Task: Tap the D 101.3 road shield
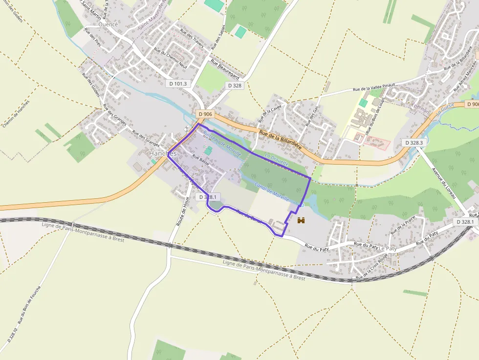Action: (x=178, y=84)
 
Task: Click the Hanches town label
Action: (x=162, y=153)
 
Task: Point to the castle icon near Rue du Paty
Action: (x=301, y=221)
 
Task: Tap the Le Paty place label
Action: (x=388, y=249)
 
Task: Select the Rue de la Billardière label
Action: (x=280, y=139)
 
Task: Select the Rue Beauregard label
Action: (x=225, y=69)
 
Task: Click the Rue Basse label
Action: (x=200, y=161)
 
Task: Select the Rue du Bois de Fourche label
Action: (x=30, y=306)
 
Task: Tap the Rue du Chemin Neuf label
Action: (x=170, y=57)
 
